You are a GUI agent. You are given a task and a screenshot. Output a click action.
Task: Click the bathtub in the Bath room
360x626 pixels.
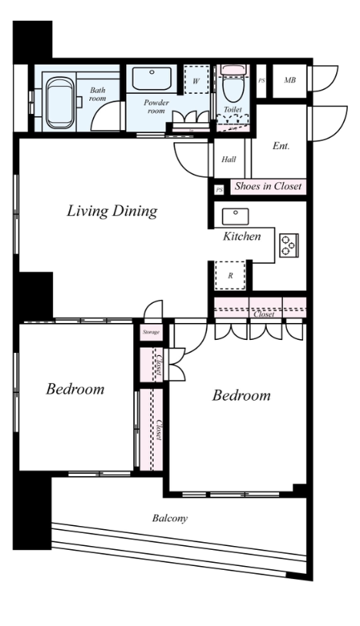(x=60, y=102)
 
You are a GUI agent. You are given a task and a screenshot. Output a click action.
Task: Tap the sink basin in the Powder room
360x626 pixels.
(x=152, y=78)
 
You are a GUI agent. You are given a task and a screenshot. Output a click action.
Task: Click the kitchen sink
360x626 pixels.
(x=235, y=216)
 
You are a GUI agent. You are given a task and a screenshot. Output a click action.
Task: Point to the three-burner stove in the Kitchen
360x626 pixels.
(x=289, y=245)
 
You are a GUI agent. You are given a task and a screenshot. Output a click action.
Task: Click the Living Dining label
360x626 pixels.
(x=112, y=211)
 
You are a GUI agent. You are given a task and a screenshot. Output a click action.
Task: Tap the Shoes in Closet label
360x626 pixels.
(x=268, y=186)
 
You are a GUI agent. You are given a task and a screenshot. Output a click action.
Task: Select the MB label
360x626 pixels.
(x=290, y=80)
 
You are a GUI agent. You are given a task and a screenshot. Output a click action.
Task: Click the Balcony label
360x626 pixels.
(x=170, y=518)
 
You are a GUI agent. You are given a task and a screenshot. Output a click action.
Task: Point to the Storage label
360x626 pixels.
(x=152, y=332)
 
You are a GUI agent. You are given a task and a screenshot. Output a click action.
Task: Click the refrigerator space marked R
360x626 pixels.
(x=230, y=276)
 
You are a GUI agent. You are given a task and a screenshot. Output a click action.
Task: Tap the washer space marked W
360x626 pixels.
(x=196, y=79)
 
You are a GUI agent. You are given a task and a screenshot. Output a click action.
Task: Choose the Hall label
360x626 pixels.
(x=228, y=160)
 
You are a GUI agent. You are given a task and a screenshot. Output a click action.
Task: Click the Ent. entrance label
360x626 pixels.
(x=281, y=146)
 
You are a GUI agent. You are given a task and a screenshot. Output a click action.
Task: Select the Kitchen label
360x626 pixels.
(x=242, y=236)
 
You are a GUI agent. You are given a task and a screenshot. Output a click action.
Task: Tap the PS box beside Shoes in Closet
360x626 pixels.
(x=219, y=190)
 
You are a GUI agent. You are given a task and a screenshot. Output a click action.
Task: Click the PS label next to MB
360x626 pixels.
(x=262, y=81)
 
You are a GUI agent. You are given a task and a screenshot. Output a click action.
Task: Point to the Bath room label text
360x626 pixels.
(x=98, y=95)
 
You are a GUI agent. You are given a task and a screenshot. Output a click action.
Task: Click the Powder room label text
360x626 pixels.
(x=156, y=107)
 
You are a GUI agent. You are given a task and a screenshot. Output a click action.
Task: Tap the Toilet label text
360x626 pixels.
(x=232, y=109)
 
